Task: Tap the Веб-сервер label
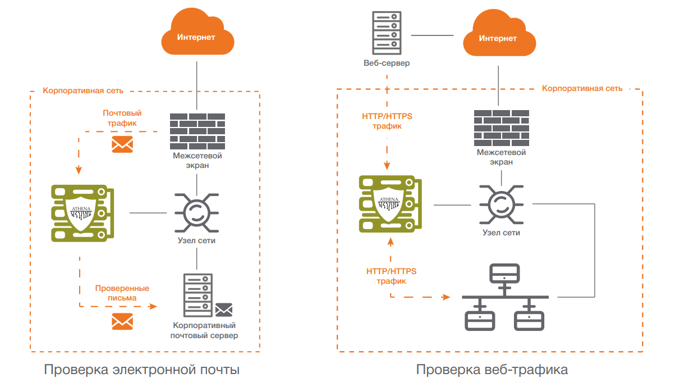pyautogui.click(x=387, y=63)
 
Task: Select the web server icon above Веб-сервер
pyautogui.click(x=387, y=31)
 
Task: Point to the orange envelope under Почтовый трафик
pyautogui.click(x=122, y=144)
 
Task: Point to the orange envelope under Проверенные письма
pyautogui.click(x=122, y=321)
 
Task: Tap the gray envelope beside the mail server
pyautogui.click(x=224, y=309)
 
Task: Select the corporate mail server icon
pyautogui.click(x=198, y=295)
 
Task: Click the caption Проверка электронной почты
pyautogui.click(x=142, y=370)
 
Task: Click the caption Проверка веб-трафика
pyautogui.click(x=492, y=370)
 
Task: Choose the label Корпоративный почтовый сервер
pyautogui.click(x=204, y=330)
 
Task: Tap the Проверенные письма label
pyautogui.click(x=122, y=293)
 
